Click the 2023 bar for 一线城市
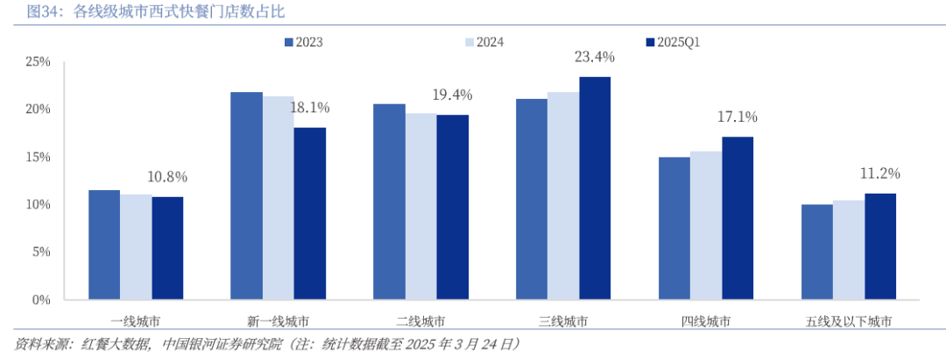coord(103,245)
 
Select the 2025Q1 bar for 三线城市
coord(594,188)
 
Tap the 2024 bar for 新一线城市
coord(278,198)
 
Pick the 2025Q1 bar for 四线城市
coord(737,218)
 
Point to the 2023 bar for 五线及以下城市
coord(816,252)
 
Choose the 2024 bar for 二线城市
coord(420,207)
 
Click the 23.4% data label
coord(594,57)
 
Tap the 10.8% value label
coord(166,177)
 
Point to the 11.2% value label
coord(879,173)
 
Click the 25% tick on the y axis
coord(38,62)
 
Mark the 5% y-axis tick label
coord(40,252)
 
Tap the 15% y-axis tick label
coord(38,158)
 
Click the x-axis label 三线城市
coord(563,321)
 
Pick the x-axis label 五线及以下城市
coord(848,321)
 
